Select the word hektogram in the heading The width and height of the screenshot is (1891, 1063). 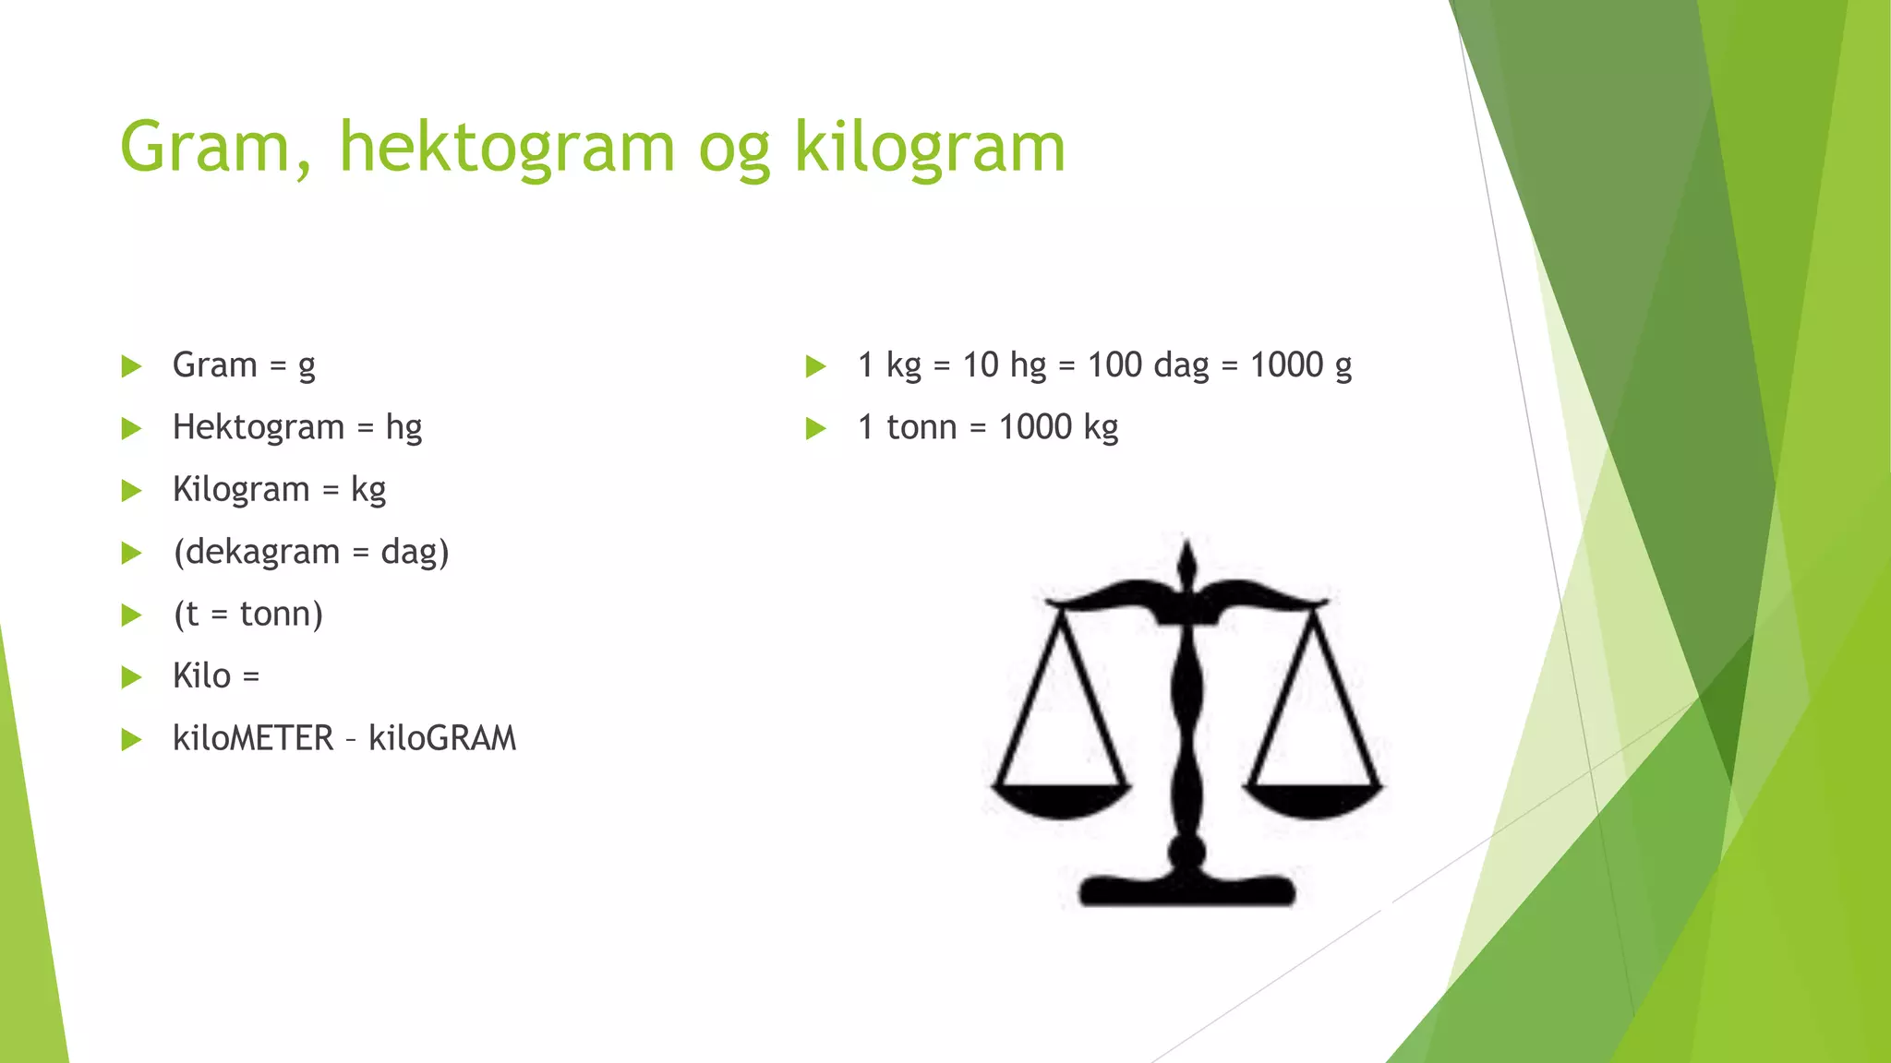coord(507,148)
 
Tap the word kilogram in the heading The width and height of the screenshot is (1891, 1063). coord(930,148)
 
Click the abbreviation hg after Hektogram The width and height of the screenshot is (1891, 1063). coord(403,428)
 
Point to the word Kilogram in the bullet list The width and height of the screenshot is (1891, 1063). coord(241,490)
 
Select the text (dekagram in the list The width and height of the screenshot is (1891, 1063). coord(257,552)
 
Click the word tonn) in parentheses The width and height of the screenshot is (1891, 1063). coord(281,614)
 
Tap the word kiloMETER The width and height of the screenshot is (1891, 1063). coord(253,738)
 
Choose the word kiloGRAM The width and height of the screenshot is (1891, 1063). coord(442,738)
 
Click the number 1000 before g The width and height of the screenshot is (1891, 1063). coord(1286,365)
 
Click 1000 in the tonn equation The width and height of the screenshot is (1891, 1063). coord(1035,427)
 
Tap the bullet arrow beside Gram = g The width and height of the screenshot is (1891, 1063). coord(131,366)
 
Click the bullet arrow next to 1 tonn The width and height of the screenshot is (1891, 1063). coord(815,428)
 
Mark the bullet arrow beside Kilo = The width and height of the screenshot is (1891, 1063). coord(131,677)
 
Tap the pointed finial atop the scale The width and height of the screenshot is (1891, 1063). coord(1187,561)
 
